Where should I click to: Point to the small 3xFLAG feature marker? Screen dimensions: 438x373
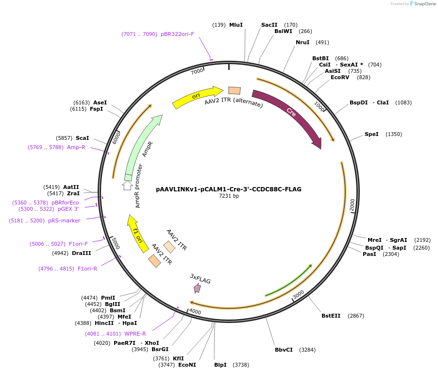(197, 288)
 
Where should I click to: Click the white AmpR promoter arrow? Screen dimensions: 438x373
(128, 185)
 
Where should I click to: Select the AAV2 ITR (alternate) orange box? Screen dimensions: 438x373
(235, 90)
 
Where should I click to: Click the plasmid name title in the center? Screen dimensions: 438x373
(229, 189)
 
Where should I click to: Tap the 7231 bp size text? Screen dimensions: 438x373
(229, 196)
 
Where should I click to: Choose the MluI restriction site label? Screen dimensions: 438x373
(236, 25)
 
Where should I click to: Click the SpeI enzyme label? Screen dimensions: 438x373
(371, 134)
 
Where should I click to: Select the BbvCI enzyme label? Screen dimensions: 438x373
(284, 350)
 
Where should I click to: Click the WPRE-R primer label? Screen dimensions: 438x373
(135, 334)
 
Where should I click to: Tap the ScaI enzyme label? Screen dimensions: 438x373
(82, 138)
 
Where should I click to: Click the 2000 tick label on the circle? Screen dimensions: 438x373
(352, 205)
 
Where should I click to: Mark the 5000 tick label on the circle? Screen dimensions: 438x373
(114, 243)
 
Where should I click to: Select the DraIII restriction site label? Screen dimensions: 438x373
(81, 253)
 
